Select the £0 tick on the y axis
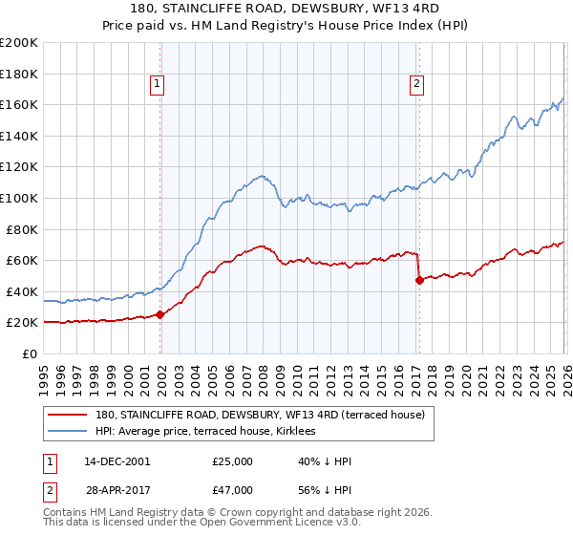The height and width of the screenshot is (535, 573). (x=31, y=353)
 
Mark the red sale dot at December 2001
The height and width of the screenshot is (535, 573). (x=159, y=314)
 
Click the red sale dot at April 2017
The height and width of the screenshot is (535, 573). (x=418, y=280)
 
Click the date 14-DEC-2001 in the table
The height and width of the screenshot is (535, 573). (x=117, y=461)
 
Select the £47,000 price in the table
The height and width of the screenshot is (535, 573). (x=233, y=489)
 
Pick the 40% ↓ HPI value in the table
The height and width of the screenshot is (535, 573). (x=325, y=461)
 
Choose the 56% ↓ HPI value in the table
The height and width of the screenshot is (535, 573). (x=325, y=489)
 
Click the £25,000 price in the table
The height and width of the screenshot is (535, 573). (x=233, y=461)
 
